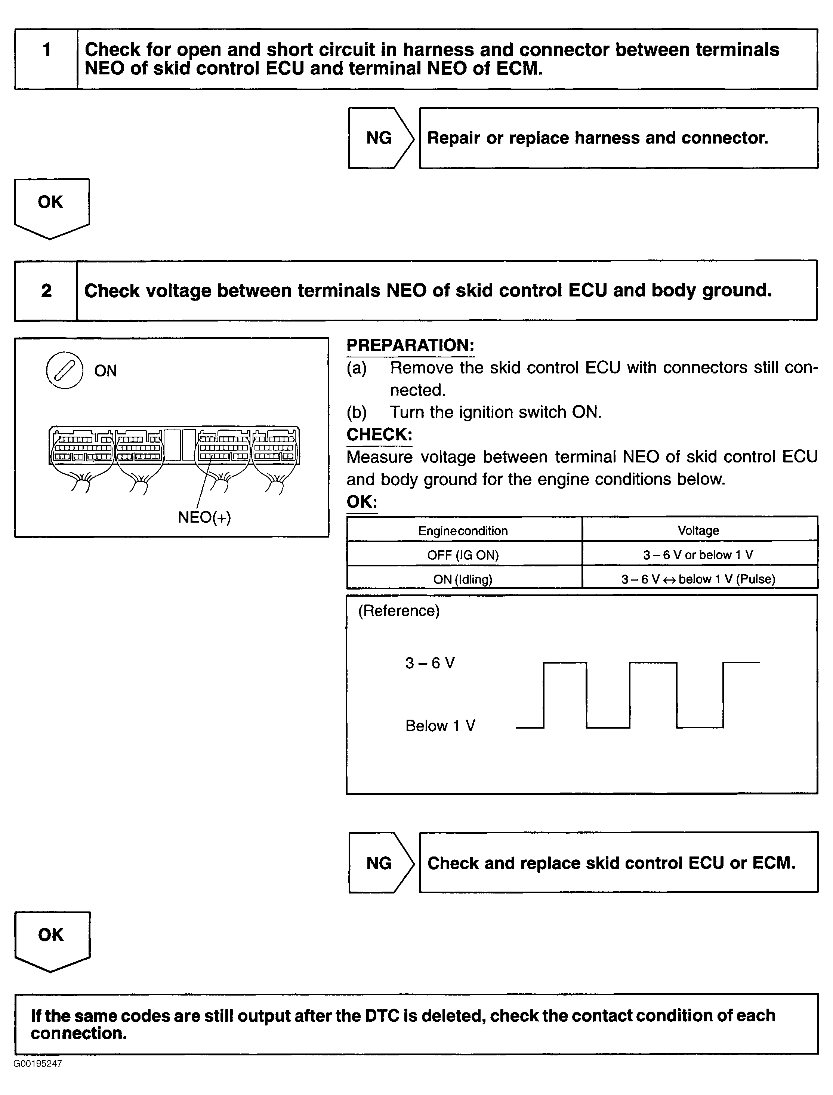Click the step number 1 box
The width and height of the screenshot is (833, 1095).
[x=47, y=59]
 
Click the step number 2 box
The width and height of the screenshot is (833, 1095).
[x=46, y=290]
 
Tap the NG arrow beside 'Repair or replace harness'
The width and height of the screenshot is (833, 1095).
[x=380, y=138]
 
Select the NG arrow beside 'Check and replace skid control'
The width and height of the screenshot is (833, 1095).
[x=380, y=863]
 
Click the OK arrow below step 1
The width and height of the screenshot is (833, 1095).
[x=52, y=206]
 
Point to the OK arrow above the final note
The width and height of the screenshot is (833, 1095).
[x=52, y=939]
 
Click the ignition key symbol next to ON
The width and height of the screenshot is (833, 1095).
[x=64, y=370]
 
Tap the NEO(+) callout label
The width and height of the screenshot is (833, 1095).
[x=204, y=517]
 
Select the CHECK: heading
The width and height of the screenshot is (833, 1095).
[x=379, y=434]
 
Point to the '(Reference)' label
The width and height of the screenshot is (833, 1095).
[x=399, y=610]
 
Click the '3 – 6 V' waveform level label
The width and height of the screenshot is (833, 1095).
[x=430, y=663]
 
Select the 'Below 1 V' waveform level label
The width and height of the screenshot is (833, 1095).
[x=440, y=726]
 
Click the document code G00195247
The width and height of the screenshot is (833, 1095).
[x=38, y=1064]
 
